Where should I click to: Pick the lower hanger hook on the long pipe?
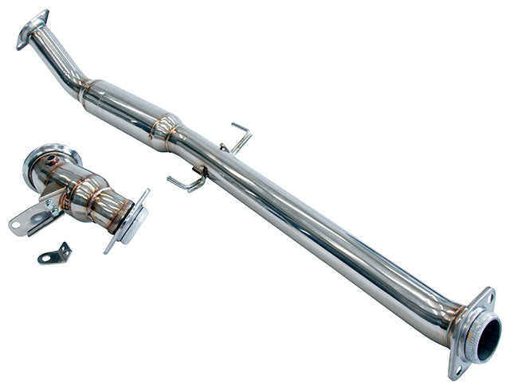click(x=186, y=182)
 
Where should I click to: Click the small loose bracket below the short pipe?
click(x=54, y=255)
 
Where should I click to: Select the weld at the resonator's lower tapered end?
click(x=167, y=130)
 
